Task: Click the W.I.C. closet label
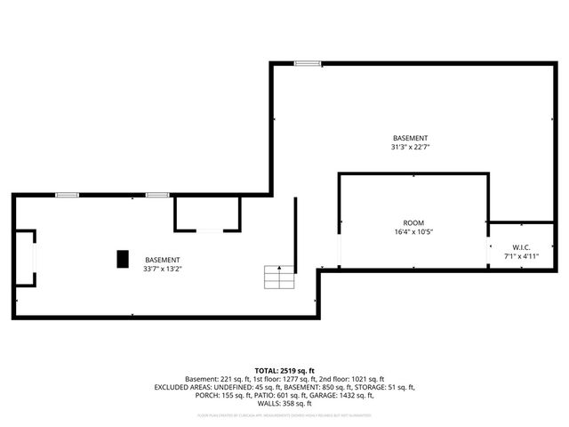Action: (x=521, y=246)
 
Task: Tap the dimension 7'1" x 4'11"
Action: (x=521, y=256)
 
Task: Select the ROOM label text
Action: (x=413, y=222)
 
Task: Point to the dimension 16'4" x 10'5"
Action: (x=413, y=232)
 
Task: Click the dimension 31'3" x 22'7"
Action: (x=411, y=148)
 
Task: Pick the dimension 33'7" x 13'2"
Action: (x=163, y=269)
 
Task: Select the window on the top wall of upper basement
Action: (x=308, y=62)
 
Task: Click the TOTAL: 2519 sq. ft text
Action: (x=284, y=370)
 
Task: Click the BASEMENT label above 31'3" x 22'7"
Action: (x=411, y=138)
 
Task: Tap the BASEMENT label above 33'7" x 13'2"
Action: (x=163, y=259)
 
